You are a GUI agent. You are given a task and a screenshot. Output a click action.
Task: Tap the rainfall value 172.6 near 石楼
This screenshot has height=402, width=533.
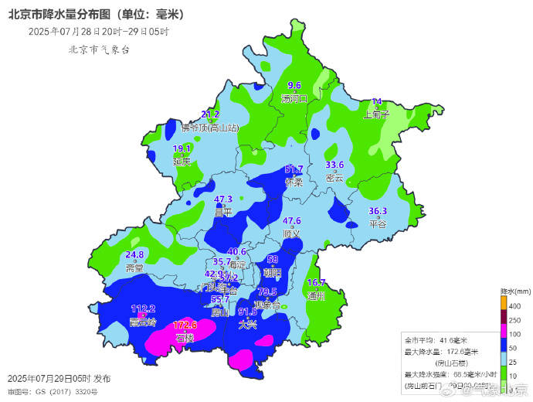click(185, 325)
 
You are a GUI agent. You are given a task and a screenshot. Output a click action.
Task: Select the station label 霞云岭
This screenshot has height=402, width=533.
click(144, 322)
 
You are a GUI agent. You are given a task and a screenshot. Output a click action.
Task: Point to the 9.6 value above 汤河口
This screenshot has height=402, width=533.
click(294, 86)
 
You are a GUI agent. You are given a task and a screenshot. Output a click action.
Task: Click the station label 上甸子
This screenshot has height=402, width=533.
click(376, 114)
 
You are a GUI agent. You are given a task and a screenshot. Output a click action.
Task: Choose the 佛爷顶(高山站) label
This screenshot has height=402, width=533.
click(210, 128)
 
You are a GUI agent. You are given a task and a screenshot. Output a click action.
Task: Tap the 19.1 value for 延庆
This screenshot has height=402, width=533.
click(182, 148)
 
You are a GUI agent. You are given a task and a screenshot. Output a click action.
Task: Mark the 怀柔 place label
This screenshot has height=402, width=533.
click(294, 182)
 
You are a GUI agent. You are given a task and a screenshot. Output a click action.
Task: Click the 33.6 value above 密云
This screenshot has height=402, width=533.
click(334, 165)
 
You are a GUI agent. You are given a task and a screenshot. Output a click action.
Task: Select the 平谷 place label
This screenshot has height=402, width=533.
click(377, 224)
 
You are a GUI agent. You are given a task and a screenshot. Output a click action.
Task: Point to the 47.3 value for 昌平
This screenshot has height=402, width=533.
click(223, 199)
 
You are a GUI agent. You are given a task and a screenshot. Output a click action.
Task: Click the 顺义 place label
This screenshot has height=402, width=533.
click(291, 233)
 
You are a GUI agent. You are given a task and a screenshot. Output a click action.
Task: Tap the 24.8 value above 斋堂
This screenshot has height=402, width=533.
click(134, 254)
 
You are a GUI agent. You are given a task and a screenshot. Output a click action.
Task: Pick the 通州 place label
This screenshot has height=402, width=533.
click(316, 295)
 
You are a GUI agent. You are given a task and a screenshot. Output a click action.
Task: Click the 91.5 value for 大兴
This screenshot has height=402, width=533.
click(247, 312)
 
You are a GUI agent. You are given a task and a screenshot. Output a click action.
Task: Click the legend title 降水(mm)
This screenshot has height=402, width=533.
click(514, 291)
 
